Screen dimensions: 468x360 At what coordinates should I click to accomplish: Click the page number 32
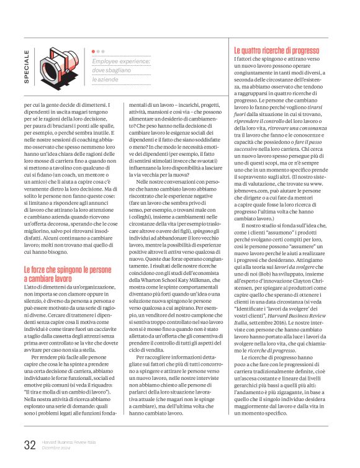click(x=29, y=444)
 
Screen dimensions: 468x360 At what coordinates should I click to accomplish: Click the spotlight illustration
click(x=57, y=66)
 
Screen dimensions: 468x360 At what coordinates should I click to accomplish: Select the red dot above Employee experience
click(x=94, y=52)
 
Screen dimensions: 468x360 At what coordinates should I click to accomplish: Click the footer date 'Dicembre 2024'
click(x=56, y=447)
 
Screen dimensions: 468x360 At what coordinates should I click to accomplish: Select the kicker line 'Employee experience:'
click(x=120, y=61)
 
